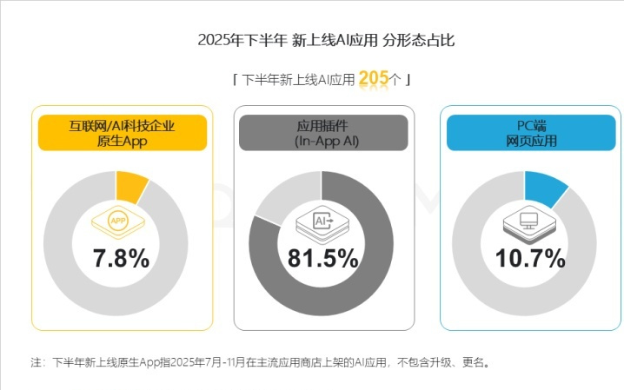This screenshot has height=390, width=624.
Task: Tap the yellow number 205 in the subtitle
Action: click(373, 79)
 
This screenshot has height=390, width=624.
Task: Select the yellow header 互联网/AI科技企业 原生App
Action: click(122, 132)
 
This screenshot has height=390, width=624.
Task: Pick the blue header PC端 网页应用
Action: click(531, 132)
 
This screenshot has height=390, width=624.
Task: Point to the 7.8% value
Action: click(121, 258)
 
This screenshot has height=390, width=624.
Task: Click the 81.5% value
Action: click(322, 258)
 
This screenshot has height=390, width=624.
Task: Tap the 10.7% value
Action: click(531, 258)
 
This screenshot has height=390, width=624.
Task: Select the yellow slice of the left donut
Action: click(130, 185)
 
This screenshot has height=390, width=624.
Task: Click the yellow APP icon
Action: click(117, 221)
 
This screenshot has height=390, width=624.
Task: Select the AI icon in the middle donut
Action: click(321, 224)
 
